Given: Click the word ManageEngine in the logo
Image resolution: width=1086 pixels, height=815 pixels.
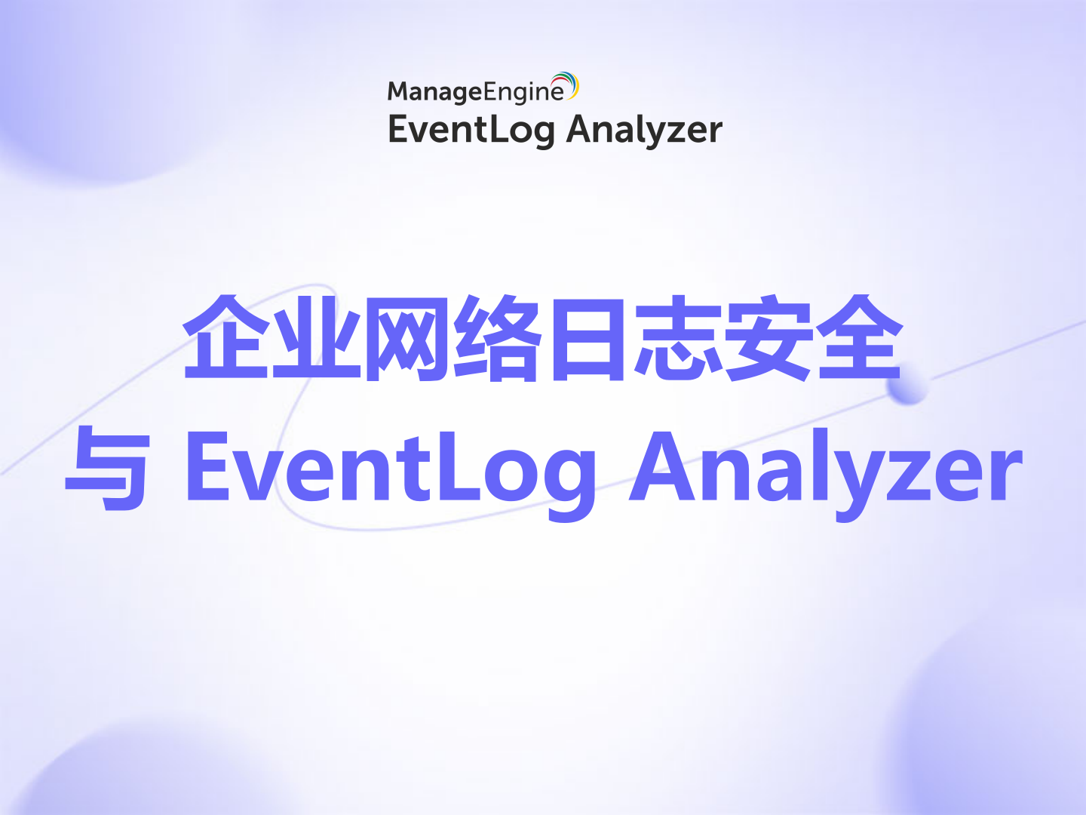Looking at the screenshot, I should [x=475, y=91].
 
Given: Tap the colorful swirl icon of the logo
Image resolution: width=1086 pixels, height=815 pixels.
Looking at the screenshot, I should [x=566, y=85].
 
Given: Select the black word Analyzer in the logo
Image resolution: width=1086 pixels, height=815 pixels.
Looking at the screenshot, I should [x=644, y=130].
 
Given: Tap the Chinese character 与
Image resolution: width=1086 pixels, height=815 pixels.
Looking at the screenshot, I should [x=107, y=468].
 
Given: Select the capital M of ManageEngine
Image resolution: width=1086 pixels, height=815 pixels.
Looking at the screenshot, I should [x=400, y=91].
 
